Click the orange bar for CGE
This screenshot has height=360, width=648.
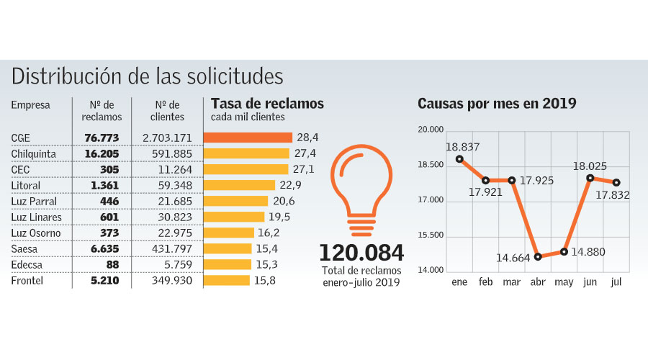coord(248,137)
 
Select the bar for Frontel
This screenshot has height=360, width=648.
coord(227,280)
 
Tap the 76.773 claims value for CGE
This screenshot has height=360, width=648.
coord(101,138)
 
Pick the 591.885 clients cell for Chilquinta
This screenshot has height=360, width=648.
coord(168,153)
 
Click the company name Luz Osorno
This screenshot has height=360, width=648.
coord(36,233)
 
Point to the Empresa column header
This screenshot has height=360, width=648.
coord(30,105)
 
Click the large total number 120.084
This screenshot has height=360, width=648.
coord(361,253)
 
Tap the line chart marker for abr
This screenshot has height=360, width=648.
coord(538,256)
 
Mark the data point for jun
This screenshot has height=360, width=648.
coord(590,178)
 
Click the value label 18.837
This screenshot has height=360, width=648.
coord(463,147)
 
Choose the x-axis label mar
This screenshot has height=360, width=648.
coord(512,282)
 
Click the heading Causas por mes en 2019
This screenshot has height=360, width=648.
coord(497,104)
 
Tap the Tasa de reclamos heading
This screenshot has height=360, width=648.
coord(267,104)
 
